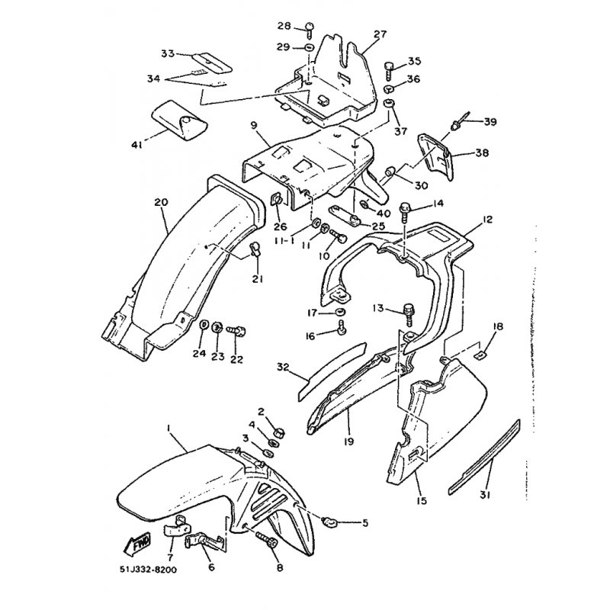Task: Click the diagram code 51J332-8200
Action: tap(148, 570)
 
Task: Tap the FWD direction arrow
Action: tap(137, 544)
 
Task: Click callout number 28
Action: tap(284, 26)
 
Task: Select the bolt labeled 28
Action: tap(310, 30)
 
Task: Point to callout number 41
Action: tap(136, 145)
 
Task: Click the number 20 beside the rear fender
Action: tap(161, 202)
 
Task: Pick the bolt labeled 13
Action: tap(409, 313)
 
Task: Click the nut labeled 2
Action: tap(280, 432)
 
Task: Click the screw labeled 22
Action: tap(236, 332)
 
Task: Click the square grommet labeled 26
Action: tap(277, 201)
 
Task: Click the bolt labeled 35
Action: tap(390, 70)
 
